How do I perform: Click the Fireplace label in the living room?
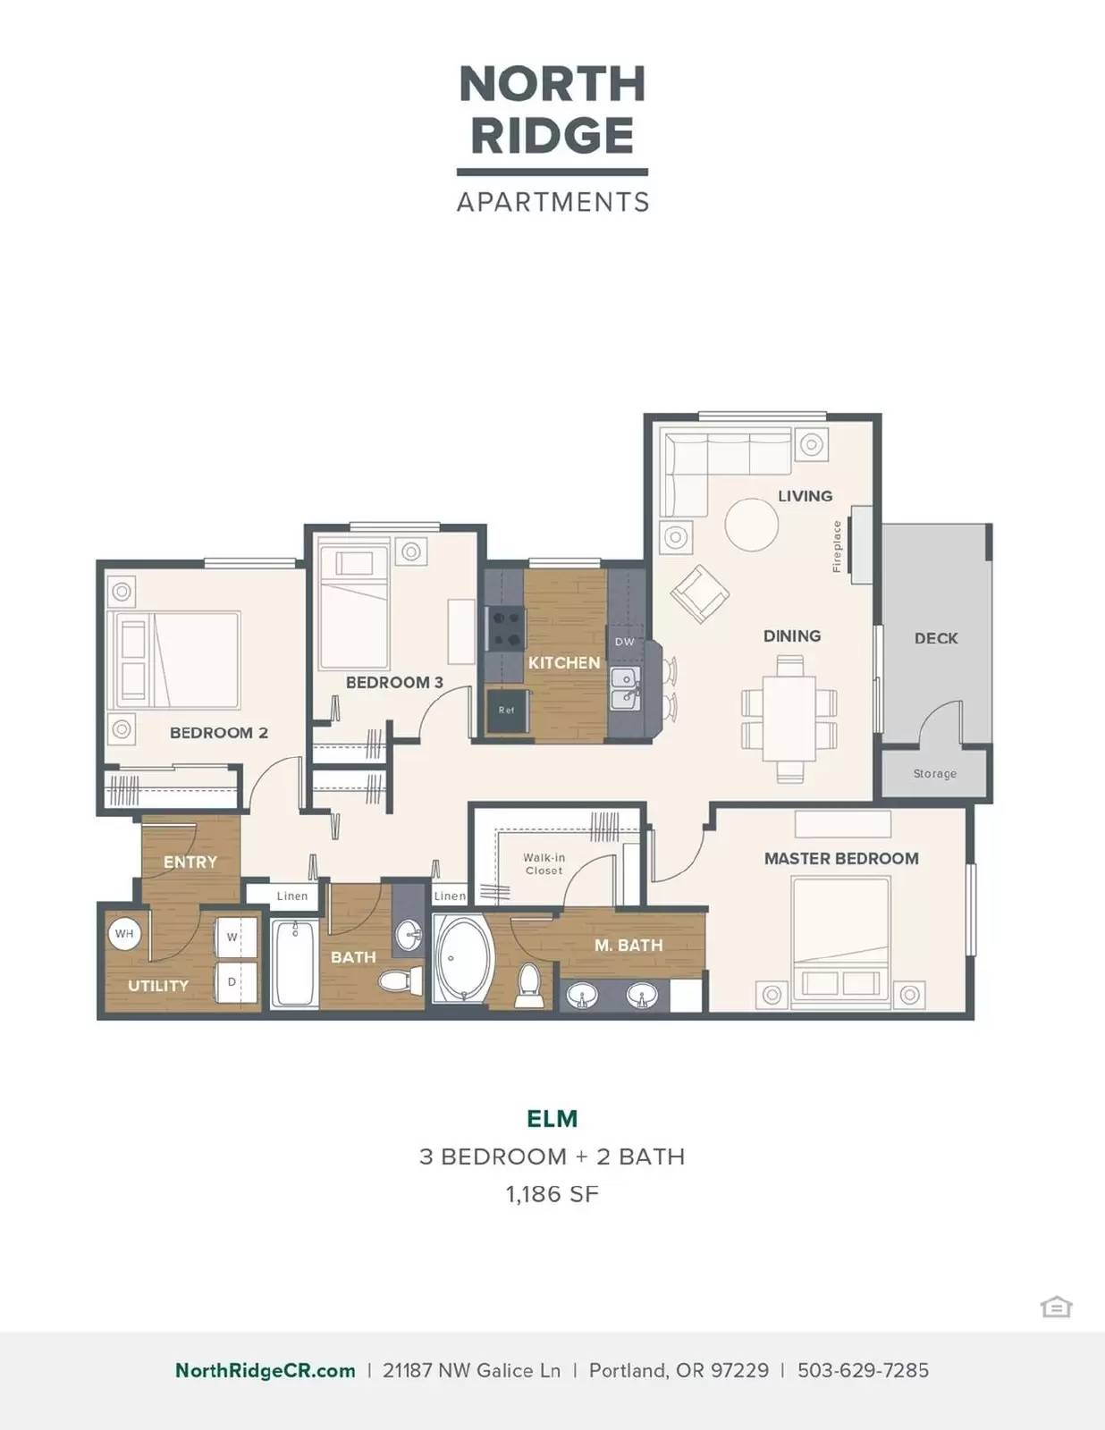(837, 546)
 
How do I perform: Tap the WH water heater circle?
(124, 933)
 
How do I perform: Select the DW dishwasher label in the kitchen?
(625, 642)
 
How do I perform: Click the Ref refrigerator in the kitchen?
(507, 710)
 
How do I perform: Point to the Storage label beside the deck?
(934, 774)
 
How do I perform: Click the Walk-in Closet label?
(544, 864)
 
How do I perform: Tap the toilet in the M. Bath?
(527, 985)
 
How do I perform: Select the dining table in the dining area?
(789, 718)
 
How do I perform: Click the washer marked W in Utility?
(236, 938)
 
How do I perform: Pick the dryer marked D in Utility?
(236, 982)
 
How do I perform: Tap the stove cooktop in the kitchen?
(505, 628)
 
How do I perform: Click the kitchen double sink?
(625, 688)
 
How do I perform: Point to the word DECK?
(936, 637)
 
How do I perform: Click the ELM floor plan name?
(552, 1119)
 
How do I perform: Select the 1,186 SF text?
(552, 1194)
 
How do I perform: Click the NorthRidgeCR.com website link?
(266, 1370)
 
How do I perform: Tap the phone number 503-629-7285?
(863, 1370)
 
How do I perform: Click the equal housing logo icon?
(1057, 1307)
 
